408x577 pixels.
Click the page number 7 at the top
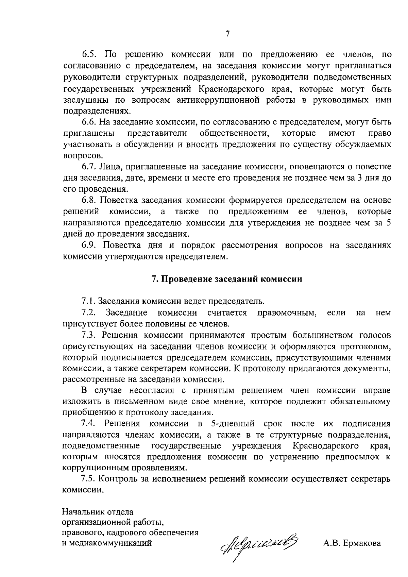tap(227, 34)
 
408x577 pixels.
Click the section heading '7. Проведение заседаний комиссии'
tap(227, 279)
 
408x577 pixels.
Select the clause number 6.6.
tap(90, 122)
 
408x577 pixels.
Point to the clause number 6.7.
tap(90, 167)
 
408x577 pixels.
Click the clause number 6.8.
tap(90, 200)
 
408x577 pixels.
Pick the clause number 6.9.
tap(90, 245)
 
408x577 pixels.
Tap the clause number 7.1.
tap(89, 301)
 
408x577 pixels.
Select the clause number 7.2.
tap(89, 312)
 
